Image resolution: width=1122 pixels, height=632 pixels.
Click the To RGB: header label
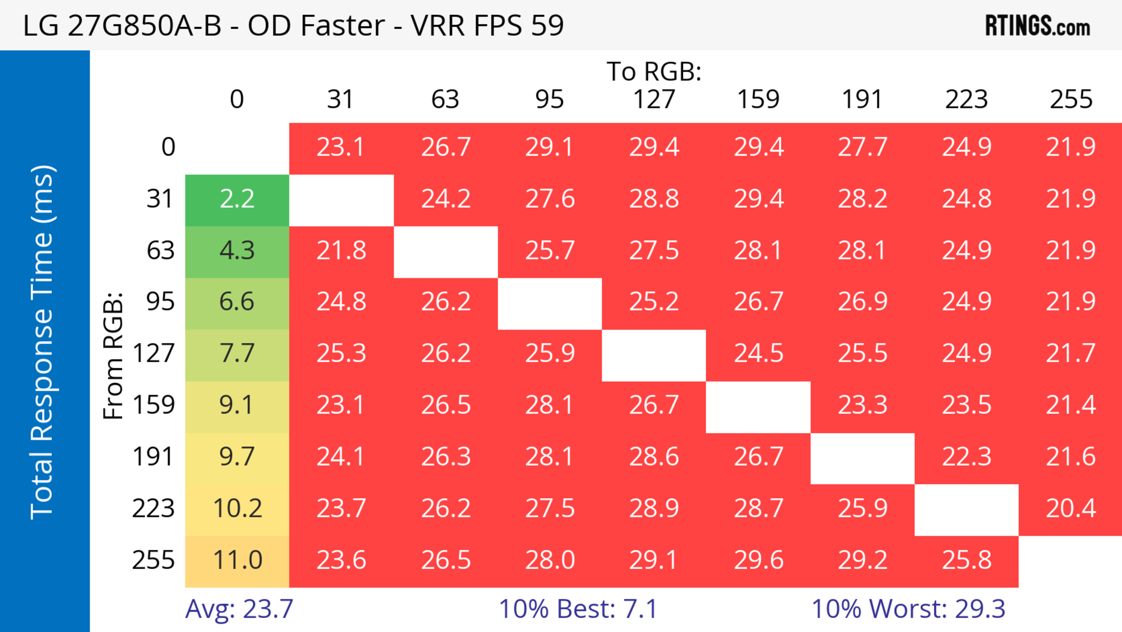point(654,71)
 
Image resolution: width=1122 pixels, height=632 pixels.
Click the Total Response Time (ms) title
point(43,342)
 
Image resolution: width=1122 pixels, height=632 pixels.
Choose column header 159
point(758,99)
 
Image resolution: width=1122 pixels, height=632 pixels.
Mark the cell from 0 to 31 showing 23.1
point(341,147)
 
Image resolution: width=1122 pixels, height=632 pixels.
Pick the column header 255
point(1071,99)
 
